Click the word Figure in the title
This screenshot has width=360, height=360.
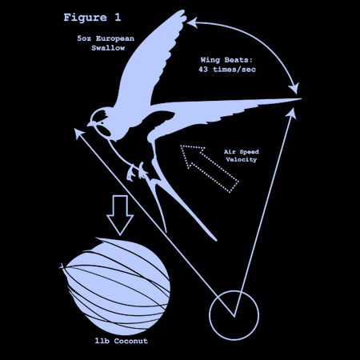tap(86, 18)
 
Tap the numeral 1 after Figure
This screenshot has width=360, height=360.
tap(118, 18)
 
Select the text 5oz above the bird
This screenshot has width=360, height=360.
tap(84, 38)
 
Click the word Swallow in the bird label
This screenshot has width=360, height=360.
tap(108, 48)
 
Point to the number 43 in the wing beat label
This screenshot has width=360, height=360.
tap(203, 70)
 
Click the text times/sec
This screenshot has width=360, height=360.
tap(234, 70)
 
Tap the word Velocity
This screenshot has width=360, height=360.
tap(241, 160)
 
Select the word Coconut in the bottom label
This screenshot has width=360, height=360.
tap(131, 341)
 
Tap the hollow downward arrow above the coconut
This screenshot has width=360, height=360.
tap(120, 215)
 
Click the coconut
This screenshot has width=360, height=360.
tap(116, 286)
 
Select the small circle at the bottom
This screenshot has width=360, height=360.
tap(234, 315)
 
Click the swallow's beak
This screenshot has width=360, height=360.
tap(90, 124)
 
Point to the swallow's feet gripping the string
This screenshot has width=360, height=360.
tap(137, 171)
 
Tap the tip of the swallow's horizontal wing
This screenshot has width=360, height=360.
tap(301, 99)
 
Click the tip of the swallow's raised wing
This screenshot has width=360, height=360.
tap(183, 11)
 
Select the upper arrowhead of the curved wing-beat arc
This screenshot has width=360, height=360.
tap(192, 22)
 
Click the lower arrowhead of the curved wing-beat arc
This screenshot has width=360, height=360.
tap(294, 90)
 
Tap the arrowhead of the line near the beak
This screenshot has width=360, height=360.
tap(78, 133)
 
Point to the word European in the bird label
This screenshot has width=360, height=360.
tap(115, 38)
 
